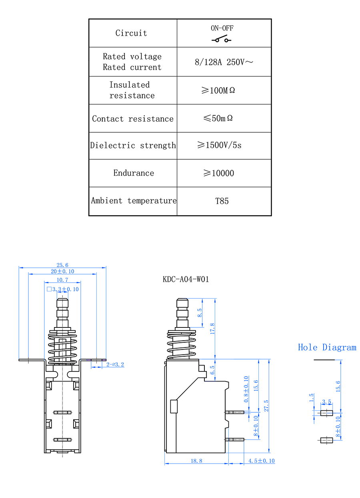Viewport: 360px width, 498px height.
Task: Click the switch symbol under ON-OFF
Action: click(x=222, y=40)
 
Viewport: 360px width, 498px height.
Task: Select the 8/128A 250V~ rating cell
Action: click(x=224, y=62)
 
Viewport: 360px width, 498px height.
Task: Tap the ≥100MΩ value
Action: click(x=218, y=90)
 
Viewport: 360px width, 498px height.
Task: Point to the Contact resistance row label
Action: click(x=133, y=119)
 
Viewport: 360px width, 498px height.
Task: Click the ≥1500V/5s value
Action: click(x=220, y=145)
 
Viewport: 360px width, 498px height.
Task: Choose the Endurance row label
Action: click(x=134, y=173)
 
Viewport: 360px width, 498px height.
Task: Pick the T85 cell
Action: click(x=222, y=201)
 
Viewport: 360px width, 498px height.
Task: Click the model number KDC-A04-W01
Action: click(x=186, y=279)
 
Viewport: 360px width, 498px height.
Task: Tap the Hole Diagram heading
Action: click(x=327, y=347)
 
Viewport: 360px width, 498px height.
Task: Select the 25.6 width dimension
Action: click(x=62, y=265)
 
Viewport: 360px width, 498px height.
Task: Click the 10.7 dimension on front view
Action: click(x=62, y=280)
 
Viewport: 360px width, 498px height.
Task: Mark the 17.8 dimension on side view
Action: click(x=213, y=328)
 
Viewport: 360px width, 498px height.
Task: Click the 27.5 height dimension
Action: click(x=266, y=406)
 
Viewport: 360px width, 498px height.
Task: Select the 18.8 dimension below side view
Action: click(x=196, y=461)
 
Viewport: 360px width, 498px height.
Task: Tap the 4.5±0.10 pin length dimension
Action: click(x=261, y=461)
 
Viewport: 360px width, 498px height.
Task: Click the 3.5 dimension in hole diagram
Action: click(x=326, y=402)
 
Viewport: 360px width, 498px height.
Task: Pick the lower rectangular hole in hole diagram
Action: click(x=326, y=440)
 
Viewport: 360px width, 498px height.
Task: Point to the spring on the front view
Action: click(x=62, y=346)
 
